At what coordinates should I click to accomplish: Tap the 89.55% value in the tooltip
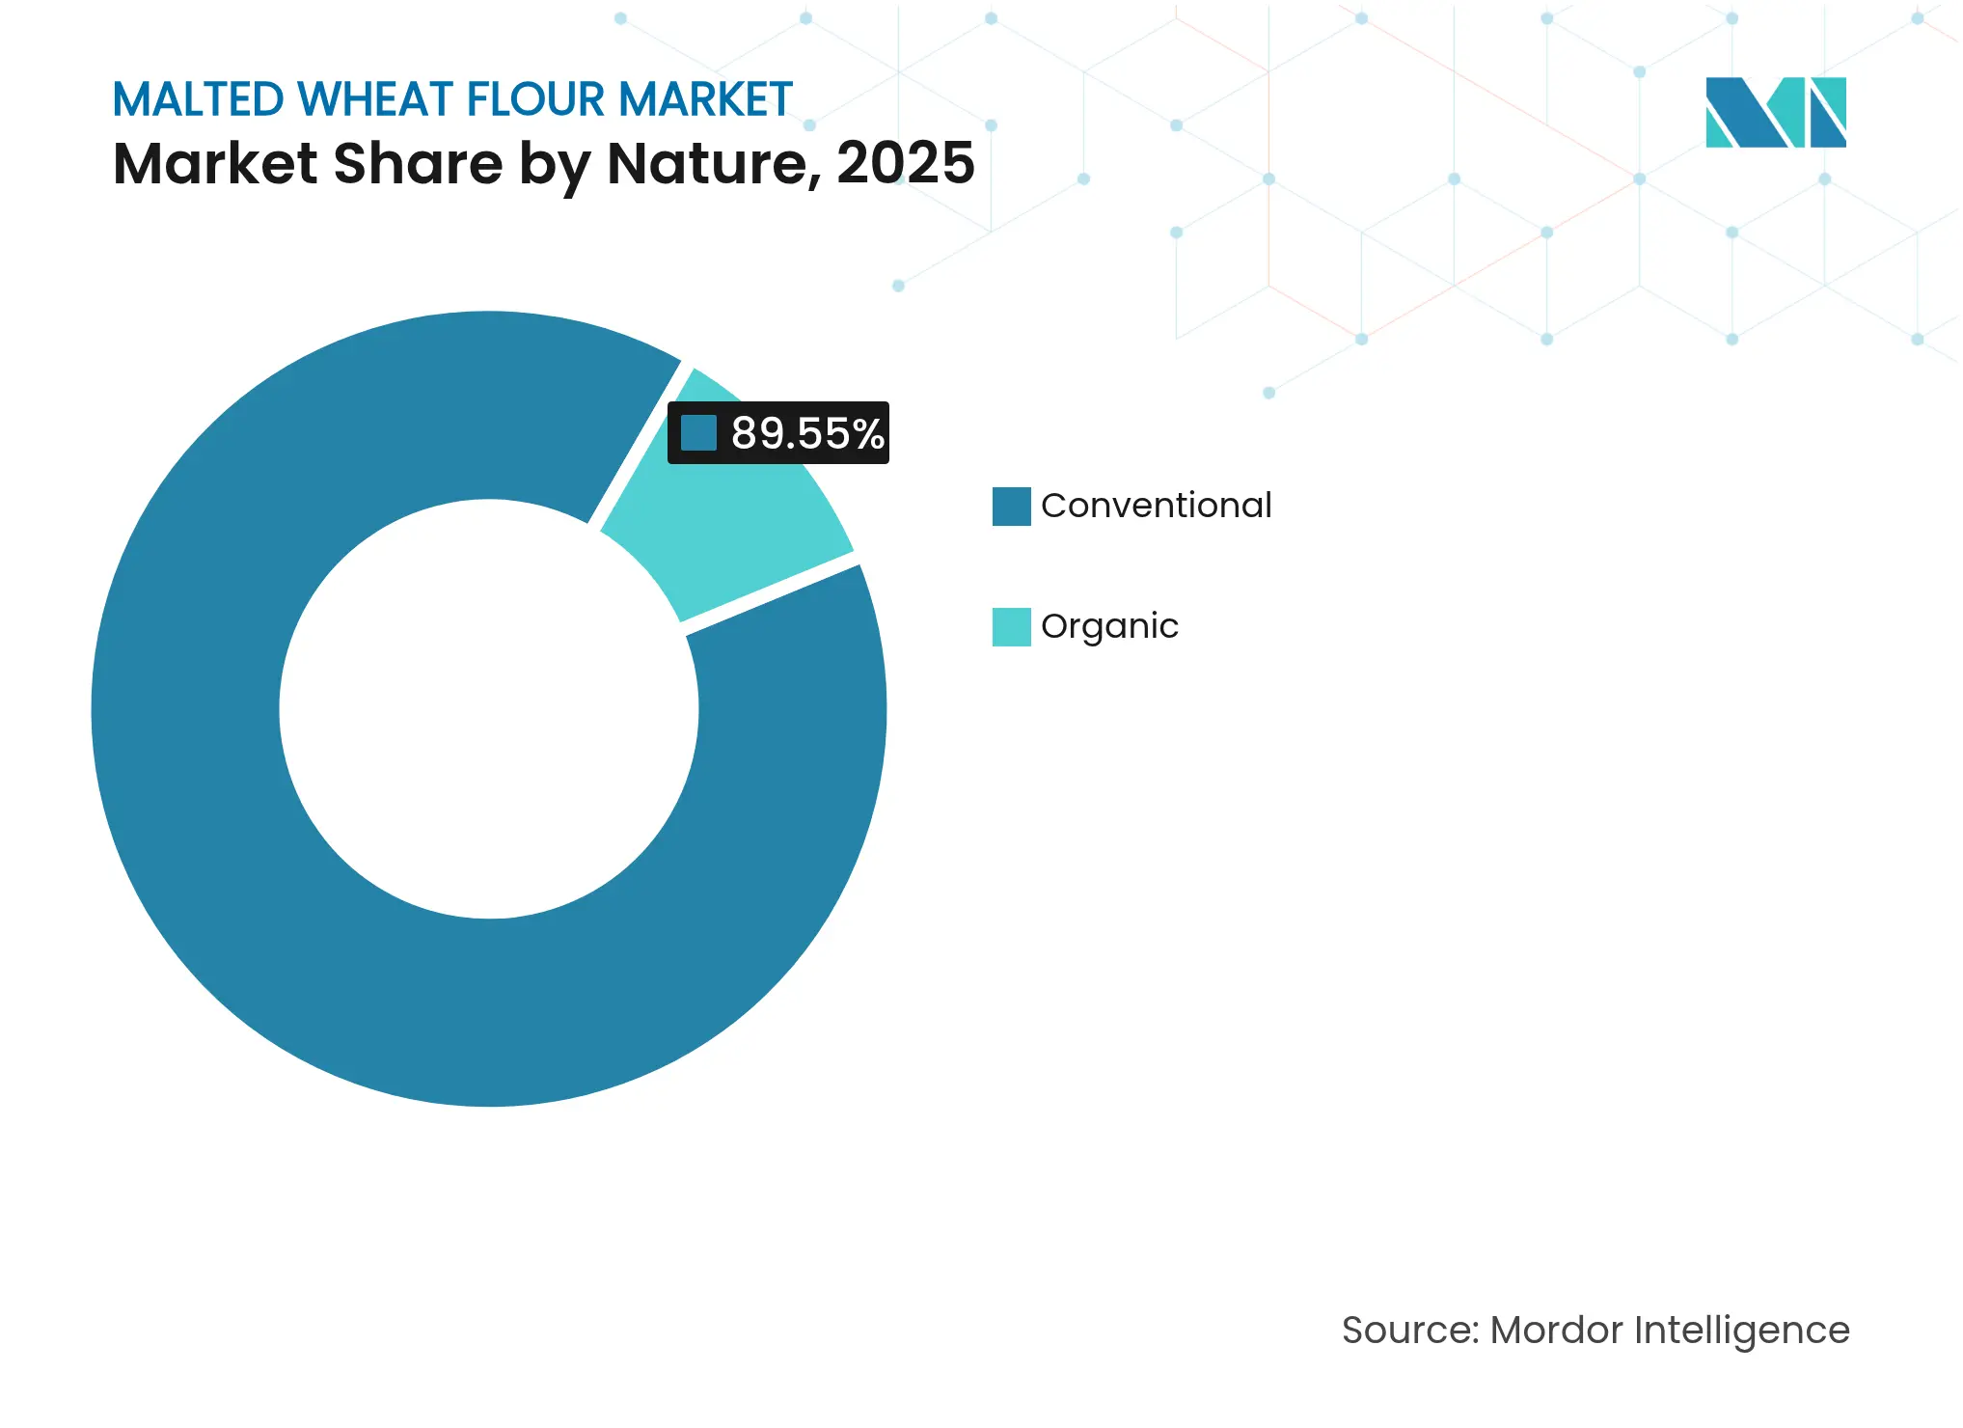click(x=806, y=433)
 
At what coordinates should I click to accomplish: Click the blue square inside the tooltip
click(x=698, y=433)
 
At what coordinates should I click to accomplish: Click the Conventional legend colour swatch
click(x=1011, y=507)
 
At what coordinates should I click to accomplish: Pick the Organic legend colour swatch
click(x=1011, y=627)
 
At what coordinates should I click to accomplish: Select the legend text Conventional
click(x=1156, y=506)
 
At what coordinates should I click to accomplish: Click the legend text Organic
click(x=1109, y=627)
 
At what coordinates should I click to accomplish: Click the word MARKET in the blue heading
click(x=705, y=100)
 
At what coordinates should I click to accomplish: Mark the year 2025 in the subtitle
click(x=905, y=163)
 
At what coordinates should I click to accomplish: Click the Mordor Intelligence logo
click(x=1775, y=113)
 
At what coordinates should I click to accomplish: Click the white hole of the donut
click(x=489, y=709)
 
